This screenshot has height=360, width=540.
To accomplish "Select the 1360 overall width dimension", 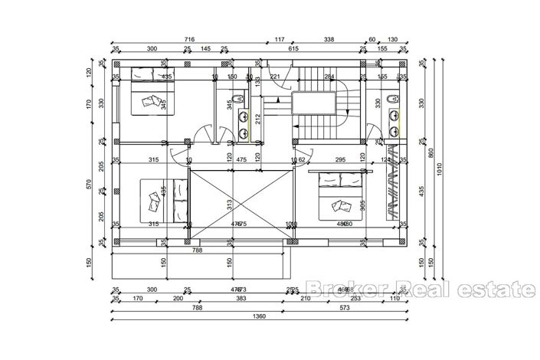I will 263,316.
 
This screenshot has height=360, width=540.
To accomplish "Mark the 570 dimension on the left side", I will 90,184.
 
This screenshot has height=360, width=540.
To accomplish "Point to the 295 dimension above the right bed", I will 341,160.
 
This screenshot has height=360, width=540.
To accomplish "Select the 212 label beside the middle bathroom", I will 258,118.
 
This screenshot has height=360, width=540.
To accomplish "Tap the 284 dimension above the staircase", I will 329,77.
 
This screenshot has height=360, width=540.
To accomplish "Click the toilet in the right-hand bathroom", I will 392,98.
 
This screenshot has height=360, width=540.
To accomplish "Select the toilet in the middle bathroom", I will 240,98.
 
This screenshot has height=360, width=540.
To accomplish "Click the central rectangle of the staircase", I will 313,104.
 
